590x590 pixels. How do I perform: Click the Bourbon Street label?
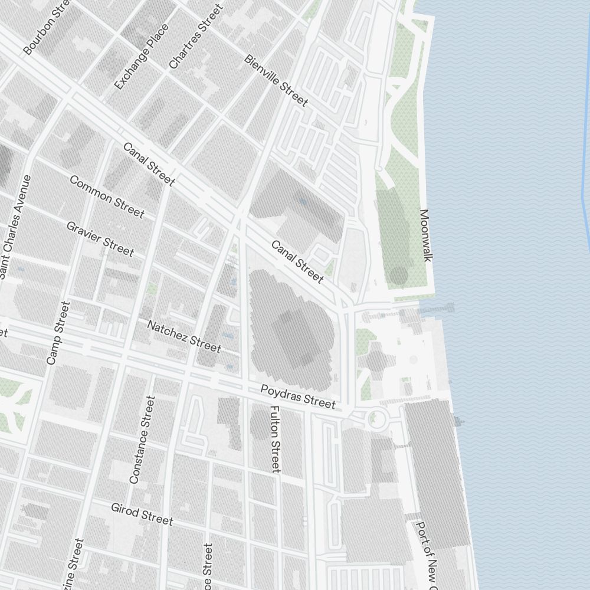(47, 27)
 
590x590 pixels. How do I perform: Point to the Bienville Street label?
(276, 81)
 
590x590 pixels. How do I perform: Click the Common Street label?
(107, 196)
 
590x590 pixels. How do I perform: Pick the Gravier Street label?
(100, 238)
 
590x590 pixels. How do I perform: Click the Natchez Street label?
(183, 336)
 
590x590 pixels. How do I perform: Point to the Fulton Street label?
(274, 438)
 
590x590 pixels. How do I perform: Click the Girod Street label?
(142, 513)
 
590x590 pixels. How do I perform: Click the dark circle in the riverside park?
(399, 275)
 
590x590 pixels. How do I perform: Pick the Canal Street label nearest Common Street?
(149, 163)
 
